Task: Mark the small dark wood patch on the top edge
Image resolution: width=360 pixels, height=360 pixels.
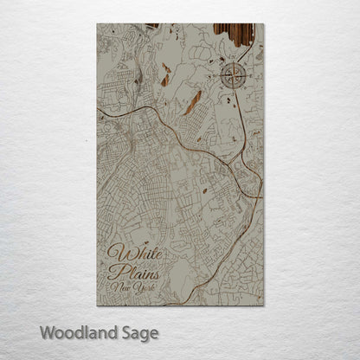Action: tap(152, 26)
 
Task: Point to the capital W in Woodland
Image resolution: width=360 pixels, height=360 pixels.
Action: tap(45, 331)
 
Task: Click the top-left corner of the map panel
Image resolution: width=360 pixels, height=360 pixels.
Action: tap(98, 24)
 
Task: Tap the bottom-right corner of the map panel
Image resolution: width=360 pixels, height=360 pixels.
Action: tap(263, 305)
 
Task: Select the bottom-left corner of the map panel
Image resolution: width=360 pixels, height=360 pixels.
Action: tap(98, 305)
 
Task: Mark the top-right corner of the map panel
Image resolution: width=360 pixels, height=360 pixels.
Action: tap(263, 24)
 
